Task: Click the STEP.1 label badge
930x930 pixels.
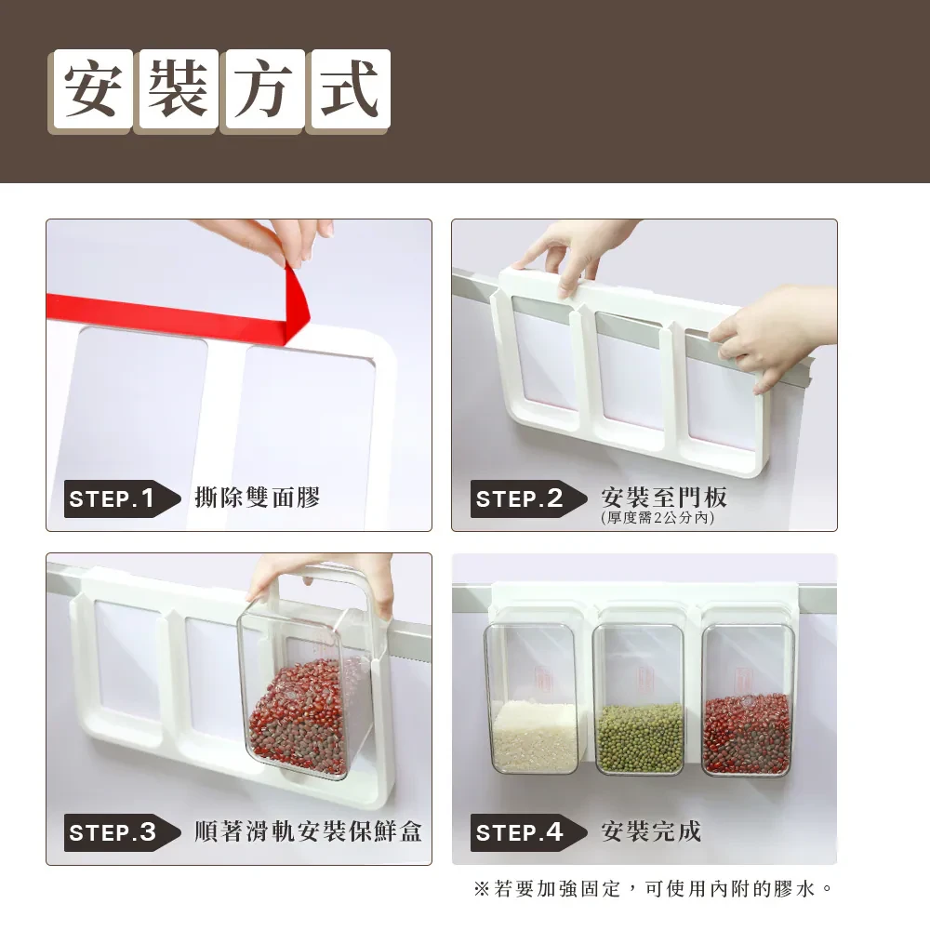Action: click(x=122, y=498)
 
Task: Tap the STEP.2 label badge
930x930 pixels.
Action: click(x=528, y=498)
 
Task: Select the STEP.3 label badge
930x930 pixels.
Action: click(x=122, y=832)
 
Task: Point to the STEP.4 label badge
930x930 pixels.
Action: click(x=528, y=832)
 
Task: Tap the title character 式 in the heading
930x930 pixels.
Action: click(x=350, y=89)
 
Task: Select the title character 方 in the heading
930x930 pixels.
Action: click(x=264, y=89)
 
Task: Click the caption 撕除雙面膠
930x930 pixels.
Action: click(x=258, y=498)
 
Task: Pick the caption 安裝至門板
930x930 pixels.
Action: click(x=664, y=497)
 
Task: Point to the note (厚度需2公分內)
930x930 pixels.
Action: click(x=658, y=518)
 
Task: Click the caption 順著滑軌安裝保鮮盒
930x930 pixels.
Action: click(x=308, y=831)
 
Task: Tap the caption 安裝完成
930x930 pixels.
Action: click(x=651, y=831)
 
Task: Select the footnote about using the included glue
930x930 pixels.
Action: click(x=654, y=888)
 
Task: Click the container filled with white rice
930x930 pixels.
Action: click(x=531, y=698)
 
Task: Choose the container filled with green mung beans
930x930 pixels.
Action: click(x=640, y=698)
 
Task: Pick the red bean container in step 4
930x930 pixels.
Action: click(x=748, y=699)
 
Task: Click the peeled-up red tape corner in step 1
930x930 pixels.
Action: click(x=296, y=305)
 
